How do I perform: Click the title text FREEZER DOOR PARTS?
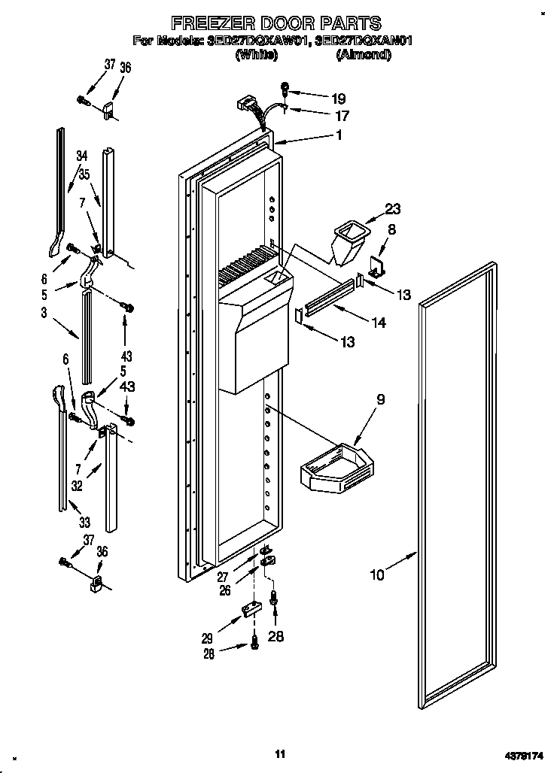click(x=275, y=23)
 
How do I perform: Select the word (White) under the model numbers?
click(x=257, y=55)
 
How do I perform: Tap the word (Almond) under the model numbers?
click(x=364, y=55)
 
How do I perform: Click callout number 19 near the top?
click(x=338, y=98)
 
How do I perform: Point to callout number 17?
click(x=342, y=117)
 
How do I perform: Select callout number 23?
click(x=393, y=209)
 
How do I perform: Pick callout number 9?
click(x=381, y=399)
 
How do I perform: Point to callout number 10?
click(x=377, y=575)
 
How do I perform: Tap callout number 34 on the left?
click(x=82, y=156)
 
